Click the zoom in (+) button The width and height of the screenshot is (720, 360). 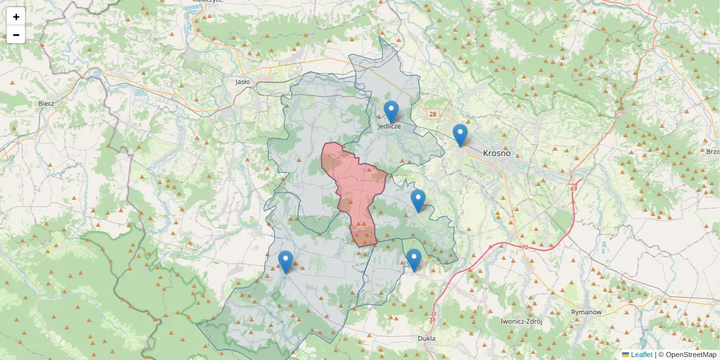(16, 17)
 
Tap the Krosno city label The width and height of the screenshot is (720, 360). (497, 153)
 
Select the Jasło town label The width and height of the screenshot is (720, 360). (242, 82)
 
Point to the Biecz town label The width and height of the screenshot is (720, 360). (46, 103)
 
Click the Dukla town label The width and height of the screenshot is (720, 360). (426, 338)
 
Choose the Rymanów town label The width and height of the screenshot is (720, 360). (586, 313)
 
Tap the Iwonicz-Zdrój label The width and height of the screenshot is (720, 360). (521, 322)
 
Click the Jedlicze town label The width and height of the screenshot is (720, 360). (389, 127)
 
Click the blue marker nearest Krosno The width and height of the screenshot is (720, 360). (460, 135)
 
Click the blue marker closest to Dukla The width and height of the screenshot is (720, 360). (414, 260)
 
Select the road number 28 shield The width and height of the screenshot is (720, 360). (432, 114)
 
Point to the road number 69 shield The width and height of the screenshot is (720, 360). (574, 189)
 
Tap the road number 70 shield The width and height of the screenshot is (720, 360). (524, 247)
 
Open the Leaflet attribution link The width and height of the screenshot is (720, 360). (641, 355)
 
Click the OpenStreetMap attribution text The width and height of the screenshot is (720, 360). (691, 355)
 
